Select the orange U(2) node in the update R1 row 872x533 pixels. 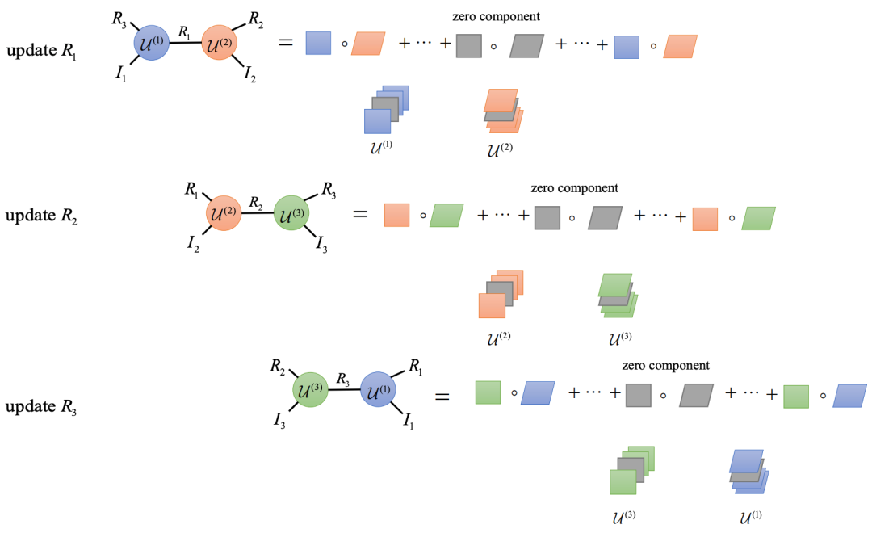220,41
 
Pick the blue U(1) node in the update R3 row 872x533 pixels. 379,393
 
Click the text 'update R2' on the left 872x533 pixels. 42,216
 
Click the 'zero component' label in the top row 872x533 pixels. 497,16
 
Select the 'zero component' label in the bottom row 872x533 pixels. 665,365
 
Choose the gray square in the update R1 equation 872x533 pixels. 469,44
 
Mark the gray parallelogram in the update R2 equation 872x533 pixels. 606,218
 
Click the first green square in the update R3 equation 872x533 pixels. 488,393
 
